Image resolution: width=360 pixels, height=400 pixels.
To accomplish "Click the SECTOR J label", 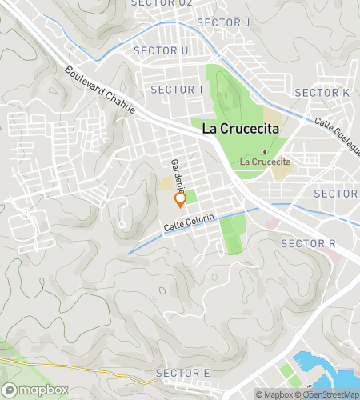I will (x=222, y=22).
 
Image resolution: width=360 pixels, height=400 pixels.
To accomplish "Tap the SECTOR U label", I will (x=161, y=50).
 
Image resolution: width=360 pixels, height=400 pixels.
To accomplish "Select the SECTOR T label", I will (x=177, y=89).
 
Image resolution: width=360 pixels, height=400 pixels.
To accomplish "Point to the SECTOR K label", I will (x=322, y=93).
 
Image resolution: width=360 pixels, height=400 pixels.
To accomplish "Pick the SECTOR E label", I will (x=183, y=373).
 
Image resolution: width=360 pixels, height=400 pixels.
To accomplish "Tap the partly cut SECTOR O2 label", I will (x=163, y=3).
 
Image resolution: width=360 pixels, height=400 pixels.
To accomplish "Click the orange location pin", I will (x=180, y=200).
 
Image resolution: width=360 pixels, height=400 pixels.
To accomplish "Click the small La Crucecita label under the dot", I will (x=264, y=162).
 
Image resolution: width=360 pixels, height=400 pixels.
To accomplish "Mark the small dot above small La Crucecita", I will (x=264, y=150).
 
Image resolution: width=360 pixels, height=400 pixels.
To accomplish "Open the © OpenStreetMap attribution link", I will (x=328, y=394).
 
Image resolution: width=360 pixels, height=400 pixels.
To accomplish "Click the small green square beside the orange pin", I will (x=190, y=195).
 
